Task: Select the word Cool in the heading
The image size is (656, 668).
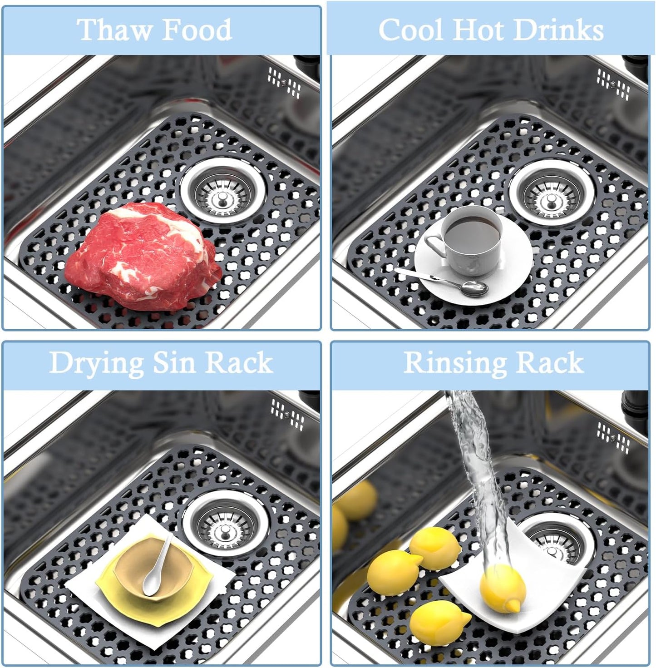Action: point(411,30)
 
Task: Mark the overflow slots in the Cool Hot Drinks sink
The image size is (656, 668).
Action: point(613,84)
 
